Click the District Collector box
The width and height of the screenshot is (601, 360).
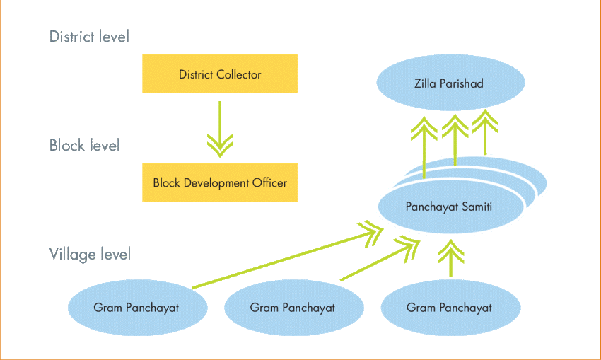pos(220,74)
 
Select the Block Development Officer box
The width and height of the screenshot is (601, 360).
pos(220,182)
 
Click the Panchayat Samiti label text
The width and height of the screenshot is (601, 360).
pos(449,207)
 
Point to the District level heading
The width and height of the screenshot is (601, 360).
pos(89,37)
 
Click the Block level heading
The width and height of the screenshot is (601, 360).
pos(84,146)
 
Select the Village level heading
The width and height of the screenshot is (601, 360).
pos(90,254)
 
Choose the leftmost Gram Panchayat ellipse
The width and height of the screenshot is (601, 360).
pos(136,308)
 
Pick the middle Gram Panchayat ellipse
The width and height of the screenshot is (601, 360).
pos(293,308)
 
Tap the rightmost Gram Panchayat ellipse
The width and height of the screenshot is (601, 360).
pos(449,308)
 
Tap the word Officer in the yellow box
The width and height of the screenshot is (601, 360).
pos(269,182)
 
